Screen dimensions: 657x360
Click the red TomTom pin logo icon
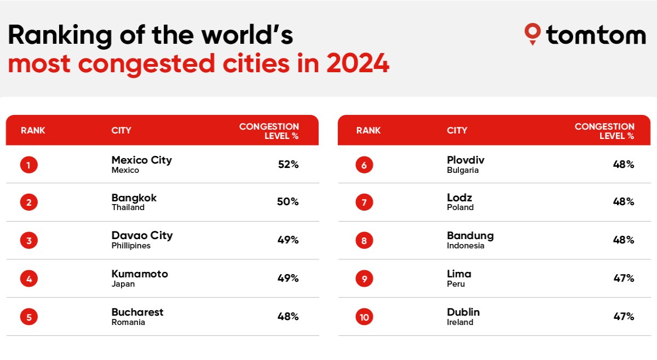(x=532, y=34)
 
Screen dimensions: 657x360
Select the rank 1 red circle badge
(x=28, y=165)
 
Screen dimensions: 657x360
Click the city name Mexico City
(x=142, y=160)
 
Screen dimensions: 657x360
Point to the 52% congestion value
(x=289, y=165)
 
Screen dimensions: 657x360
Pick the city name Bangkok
(x=134, y=198)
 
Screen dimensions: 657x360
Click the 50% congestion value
(x=288, y=202)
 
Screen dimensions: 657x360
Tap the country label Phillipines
(x=131, y=246)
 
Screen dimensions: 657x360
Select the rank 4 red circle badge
(x=28, y=278)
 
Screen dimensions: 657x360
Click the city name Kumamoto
(x=140, y=274)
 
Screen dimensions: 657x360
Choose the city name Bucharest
(x=137, y=312)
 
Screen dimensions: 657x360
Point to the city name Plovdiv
(x=465, y=160)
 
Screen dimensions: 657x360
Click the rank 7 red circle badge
(x=364, y=202)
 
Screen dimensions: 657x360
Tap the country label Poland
(x=460, y=207)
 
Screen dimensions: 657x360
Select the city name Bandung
(x=470, y=236)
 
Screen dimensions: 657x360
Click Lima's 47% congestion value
(x=624, y=278)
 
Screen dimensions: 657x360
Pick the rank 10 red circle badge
(x=364, y=317)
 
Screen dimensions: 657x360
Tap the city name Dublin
(x=463, y=312)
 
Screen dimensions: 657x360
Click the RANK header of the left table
(x=33, y=130)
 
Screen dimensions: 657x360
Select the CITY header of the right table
(x=457, y=130)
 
